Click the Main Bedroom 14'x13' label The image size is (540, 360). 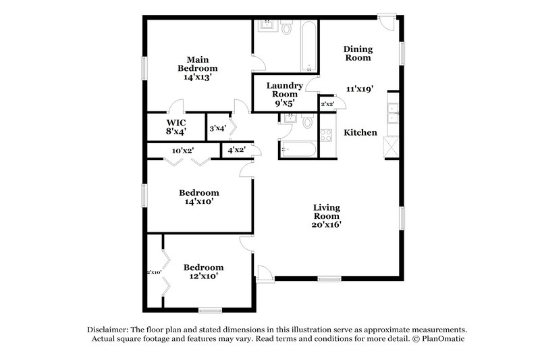click(197, 68)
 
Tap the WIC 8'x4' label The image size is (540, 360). click(175, 127)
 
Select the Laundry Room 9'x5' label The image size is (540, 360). click(283, 95)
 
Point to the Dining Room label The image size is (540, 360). click(358, 53)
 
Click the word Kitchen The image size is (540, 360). click(360, 133)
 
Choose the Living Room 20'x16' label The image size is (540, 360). click(326, 216)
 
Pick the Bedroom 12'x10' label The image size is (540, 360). click(203, 272)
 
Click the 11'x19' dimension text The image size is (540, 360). click(360, 88)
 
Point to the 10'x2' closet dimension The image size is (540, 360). click(183, 150)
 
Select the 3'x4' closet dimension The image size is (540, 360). click(217, 128)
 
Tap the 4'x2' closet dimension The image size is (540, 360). click(236, 150)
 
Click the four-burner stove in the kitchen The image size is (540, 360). click(326, 134)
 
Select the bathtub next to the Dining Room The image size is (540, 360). click(309, 46)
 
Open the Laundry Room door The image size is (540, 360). click(311, 86)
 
